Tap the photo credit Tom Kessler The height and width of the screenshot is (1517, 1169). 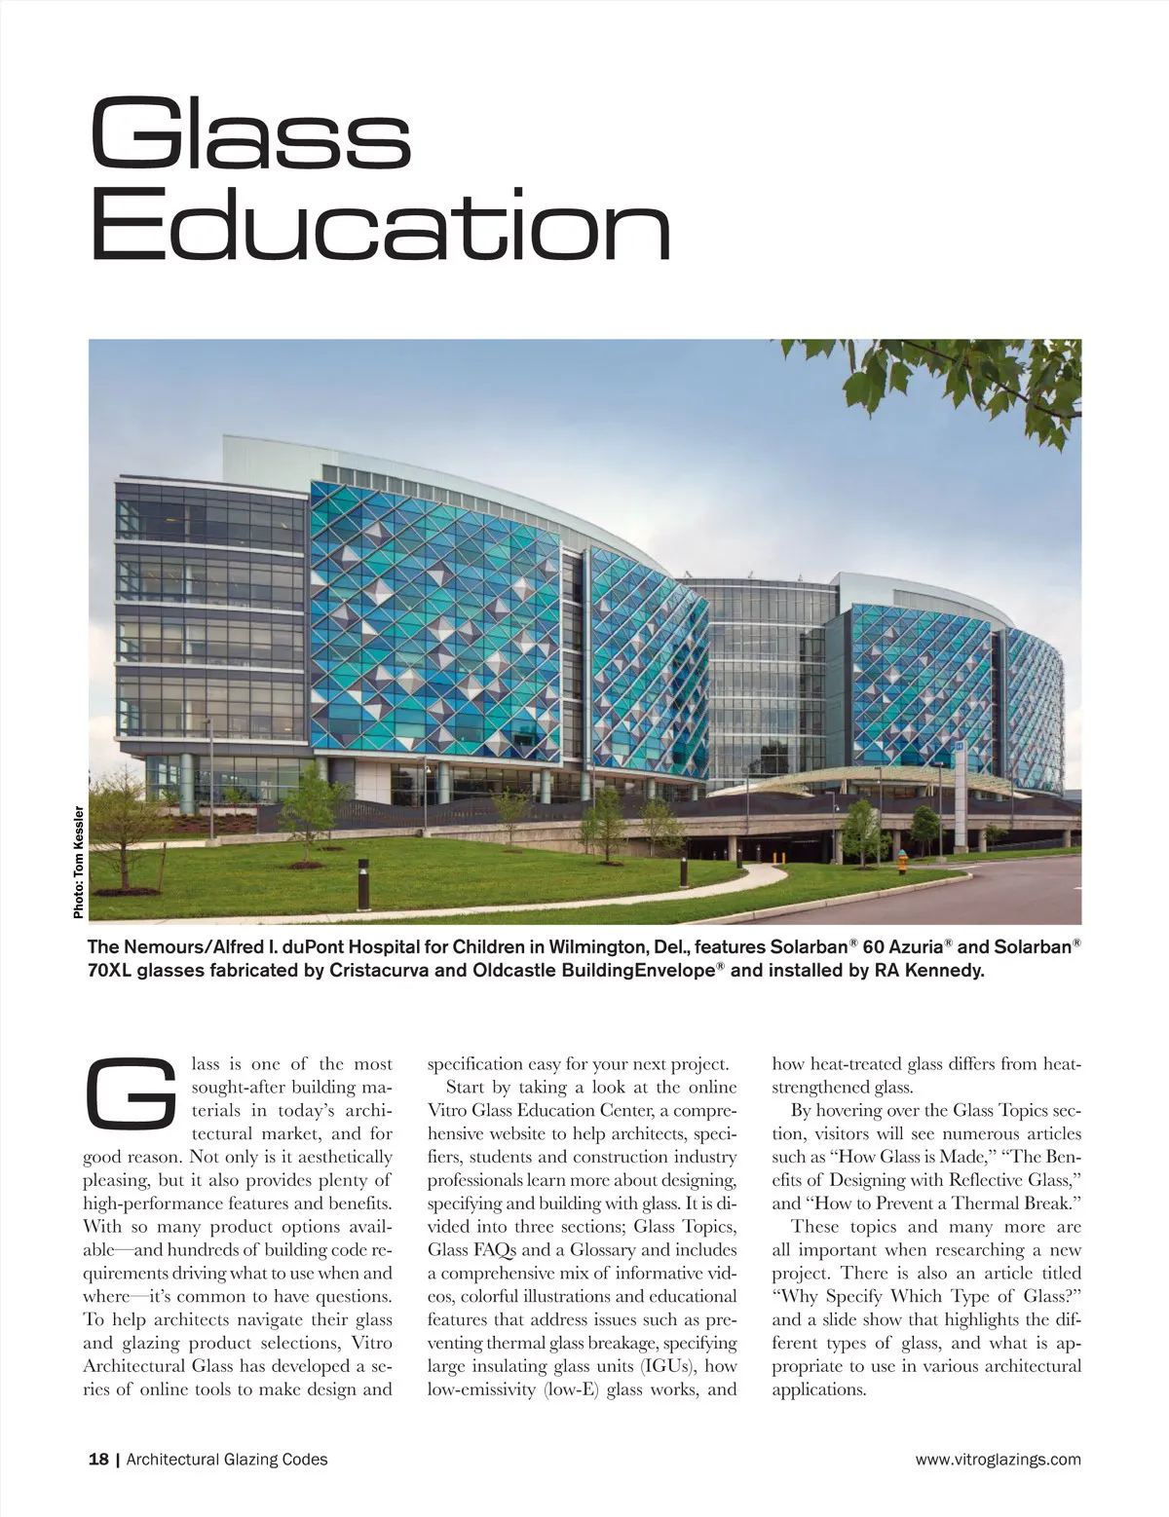(79, 861)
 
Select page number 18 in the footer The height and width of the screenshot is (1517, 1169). (97, 1459)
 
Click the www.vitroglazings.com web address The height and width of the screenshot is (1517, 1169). (998, 1459)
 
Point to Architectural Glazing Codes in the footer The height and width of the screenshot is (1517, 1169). (227, 1459)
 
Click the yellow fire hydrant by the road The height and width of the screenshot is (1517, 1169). (902, 861)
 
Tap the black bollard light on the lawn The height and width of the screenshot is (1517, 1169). (363, 884)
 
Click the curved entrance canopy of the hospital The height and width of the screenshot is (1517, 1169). (857, 779)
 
